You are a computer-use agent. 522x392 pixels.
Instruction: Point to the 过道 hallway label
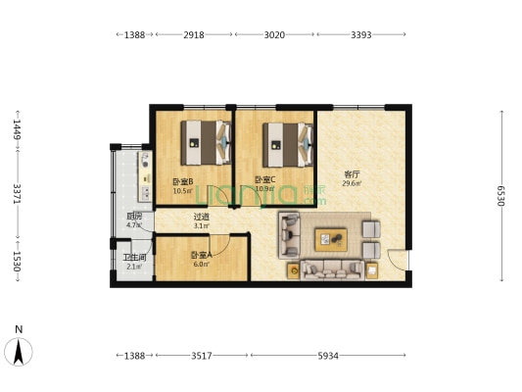[x=201, y=218]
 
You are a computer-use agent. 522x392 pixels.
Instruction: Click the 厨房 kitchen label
[x=134, y=217]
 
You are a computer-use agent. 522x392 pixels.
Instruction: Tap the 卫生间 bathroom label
[x=133, y=258]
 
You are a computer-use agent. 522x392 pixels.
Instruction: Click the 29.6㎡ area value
[x=352, y=183]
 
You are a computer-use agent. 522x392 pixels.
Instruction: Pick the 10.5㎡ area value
[x=182, y=190]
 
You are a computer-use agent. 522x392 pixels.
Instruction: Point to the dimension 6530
[x=500, y=196]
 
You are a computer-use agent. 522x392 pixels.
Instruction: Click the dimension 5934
[x=327, y=356]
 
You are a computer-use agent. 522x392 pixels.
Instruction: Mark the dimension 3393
[x=359, y=35]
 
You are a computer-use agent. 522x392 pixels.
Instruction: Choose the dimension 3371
[x=17, y=196]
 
